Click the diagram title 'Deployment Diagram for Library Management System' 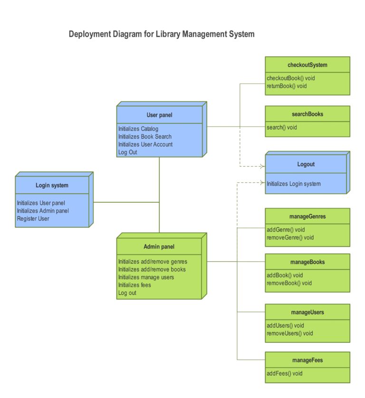[x=162, y=34]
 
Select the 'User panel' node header [x=159, y=115]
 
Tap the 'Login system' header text [x=52, y=185]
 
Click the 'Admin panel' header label [x=159, y=247]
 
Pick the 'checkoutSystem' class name [x=307, y=65]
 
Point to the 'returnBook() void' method [x=287, y=86]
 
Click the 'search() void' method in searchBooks [x=282, y=127]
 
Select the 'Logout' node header [x=306, y=164]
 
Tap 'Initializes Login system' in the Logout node [x=294, y=184]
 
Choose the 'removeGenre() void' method [x=290, y=238]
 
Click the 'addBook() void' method [x=285, y=275]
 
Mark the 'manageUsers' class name [x=307, y=312]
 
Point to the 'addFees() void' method [x=285, y=373]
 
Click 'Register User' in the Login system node [x=33, y=219]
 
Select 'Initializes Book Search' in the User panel [x=145, y=137]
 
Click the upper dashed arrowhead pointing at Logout [x=261, y=166]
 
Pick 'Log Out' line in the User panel [x=127, y=152]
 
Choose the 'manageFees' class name [x=307, y=360]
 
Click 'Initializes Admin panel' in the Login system [x=43, y=211]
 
